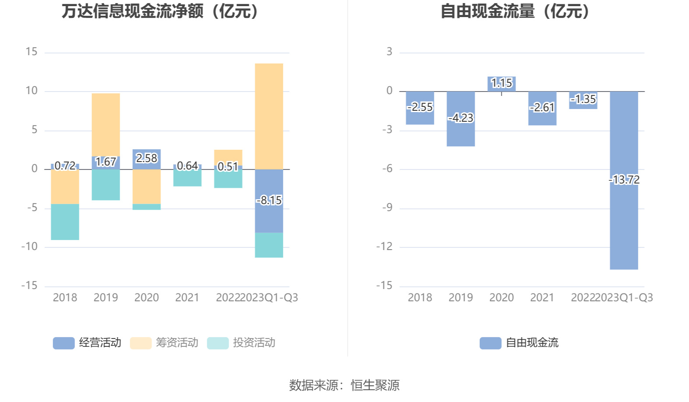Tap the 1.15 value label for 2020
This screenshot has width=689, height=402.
pos(502,83)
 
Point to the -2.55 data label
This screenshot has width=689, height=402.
pos(420,107)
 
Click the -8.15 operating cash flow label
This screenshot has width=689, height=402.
pos(269,201)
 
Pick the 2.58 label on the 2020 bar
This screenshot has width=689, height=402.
pos(147,158)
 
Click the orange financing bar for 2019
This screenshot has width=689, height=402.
pos(105,124)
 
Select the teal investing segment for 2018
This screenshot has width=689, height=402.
pos(65,222)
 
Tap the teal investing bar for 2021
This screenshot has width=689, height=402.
pos(187,178)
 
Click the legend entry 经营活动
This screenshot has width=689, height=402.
pos(87,343)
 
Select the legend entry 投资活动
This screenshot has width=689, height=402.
pos(241,343)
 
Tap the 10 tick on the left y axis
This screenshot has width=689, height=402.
pos(32,91)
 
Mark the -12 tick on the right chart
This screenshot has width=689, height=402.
pos(384,247)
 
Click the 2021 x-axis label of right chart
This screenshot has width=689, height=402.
pos(542,298)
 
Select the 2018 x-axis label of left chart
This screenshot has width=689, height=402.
pos(65,298)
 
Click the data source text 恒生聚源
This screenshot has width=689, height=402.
pos(375,385)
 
